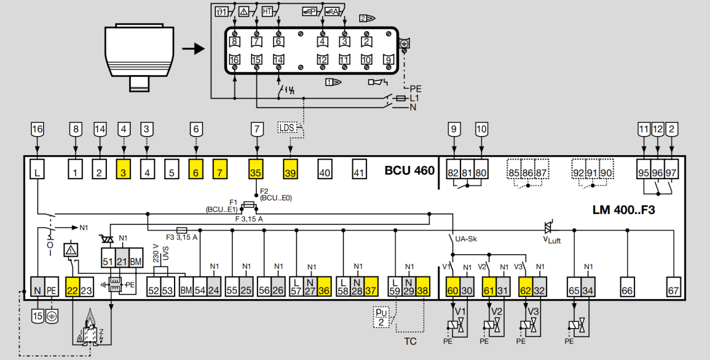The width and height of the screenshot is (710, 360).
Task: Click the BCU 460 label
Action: (409, 170)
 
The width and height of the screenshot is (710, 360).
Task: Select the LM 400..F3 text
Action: (623, 211)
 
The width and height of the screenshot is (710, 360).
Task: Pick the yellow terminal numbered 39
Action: (290, 172)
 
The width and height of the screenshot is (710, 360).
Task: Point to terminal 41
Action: (359, 172)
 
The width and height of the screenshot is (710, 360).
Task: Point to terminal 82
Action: (453, 172)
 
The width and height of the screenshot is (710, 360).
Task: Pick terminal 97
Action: (671, 172)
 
